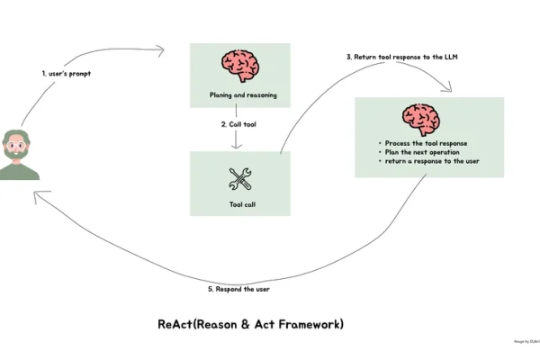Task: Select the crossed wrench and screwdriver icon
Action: (x=240, y=177)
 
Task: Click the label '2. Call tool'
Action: (x=239, y=124)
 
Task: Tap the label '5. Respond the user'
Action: (x=238, y=289)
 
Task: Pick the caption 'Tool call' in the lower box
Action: (x=240, y=204)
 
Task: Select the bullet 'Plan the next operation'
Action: (x=419, y=152)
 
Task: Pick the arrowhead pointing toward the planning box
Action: (x=163, y=50)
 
